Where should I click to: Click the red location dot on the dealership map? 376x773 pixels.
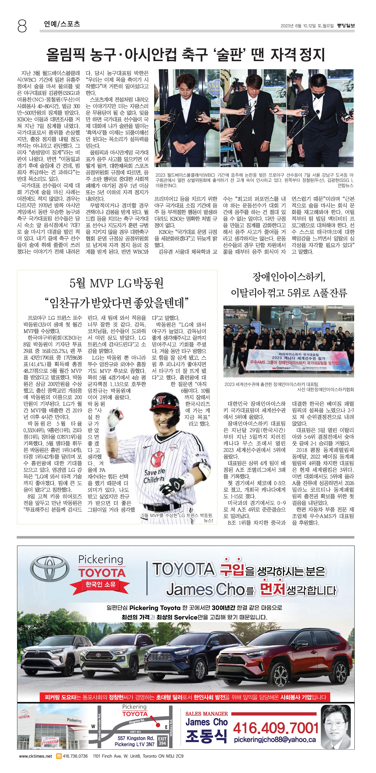pyautogui.click(x=158, y=725)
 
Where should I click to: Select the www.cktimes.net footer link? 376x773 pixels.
pyautogui.click(x=35, y=756)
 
